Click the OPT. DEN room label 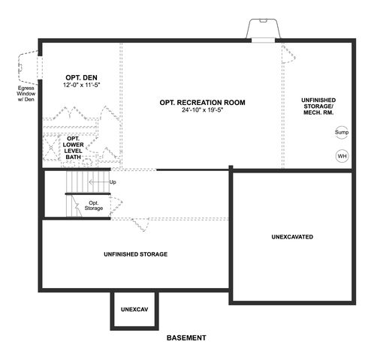[x=81, y=77]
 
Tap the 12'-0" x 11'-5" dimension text [x=81, y=85]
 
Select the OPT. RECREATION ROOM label [x=202, y=103]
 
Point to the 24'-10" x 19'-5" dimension [x=202, y=110]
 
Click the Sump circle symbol [x=342, y=132]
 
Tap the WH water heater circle [x=342, y=156]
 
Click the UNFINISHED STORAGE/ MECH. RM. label [x=318, y=106]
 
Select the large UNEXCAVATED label [x=292, y=237]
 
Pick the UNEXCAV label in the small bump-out [x=134, y=310]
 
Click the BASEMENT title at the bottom [x=186, y=337]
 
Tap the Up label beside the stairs [x=113, y=182]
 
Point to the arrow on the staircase [x=99, y=182]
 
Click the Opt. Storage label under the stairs [x=94, y=205]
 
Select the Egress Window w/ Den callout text [x=26, y=94]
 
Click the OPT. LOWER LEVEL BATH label [x=73, y=148]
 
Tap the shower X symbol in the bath [x=51, y=148]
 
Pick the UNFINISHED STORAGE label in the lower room [x=136, y=254]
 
